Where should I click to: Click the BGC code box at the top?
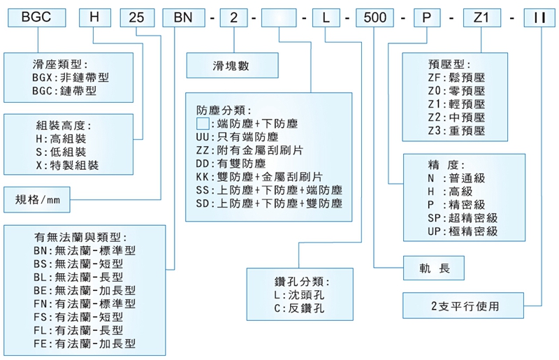point(37,17)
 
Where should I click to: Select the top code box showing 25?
point(137,17)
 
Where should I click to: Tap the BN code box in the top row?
point(184,17)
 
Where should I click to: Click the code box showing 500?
point(375,17)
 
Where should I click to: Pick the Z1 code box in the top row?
point(481,17)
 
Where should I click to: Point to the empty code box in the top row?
point(279,17)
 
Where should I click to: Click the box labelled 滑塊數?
point(233,65)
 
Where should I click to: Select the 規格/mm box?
point(37,199)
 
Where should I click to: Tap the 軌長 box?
point(433,268)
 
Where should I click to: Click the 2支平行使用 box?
point(463,305)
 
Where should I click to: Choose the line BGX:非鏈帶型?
point(71,78)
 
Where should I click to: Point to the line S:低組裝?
point(61,152)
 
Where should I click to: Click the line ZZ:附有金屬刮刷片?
point(249,150)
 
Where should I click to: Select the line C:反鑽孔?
point(299,308)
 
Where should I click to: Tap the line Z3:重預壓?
point(456,131)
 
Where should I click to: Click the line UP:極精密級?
point(463,231)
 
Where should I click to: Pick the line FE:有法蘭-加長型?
point(85,344)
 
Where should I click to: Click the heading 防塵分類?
point(224,110)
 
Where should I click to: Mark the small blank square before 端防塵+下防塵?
point(203,124)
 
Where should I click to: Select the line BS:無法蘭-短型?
point(78,264)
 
